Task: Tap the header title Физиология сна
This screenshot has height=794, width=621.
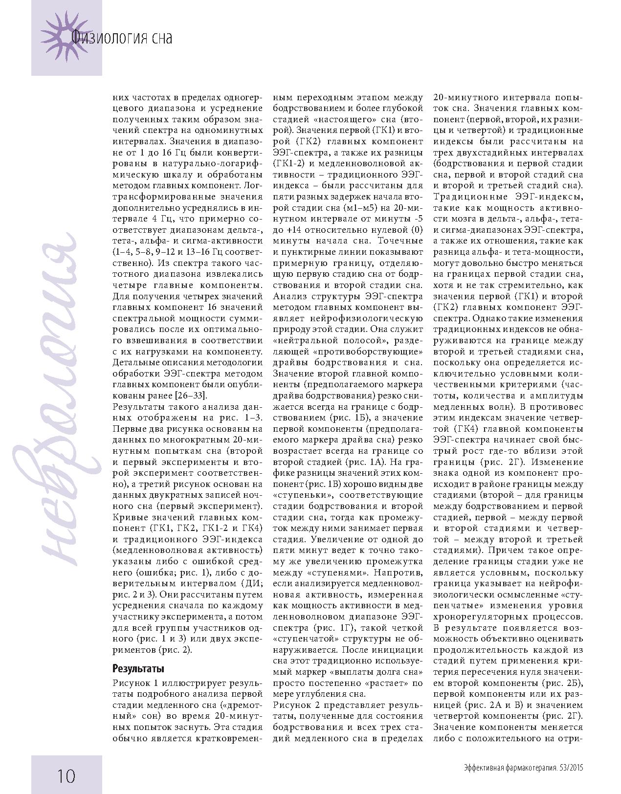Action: tap(121, 37)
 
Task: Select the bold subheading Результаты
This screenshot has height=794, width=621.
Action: tap(138, 668)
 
